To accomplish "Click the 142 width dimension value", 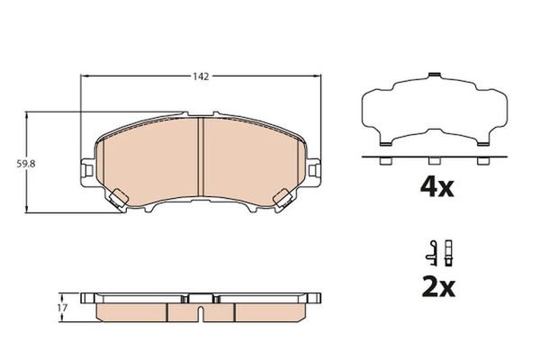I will (200, 77).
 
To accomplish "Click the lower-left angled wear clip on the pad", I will (118, 196).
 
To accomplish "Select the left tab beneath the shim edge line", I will (384, 162).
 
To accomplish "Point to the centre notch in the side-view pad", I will (200, 312).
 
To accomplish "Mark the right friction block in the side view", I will (270, 310).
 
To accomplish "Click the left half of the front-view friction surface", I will (148, 162).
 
